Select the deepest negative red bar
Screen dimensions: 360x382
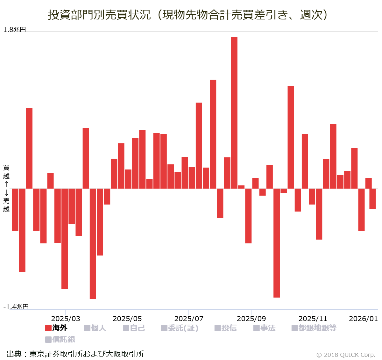pos(93,243)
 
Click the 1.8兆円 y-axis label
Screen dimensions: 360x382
pos(14,30)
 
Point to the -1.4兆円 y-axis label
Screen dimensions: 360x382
pos(16,307)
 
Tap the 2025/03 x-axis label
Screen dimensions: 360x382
pos(66,319)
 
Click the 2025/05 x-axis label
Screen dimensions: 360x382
pos(127,319)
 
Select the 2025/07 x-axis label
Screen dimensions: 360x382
pos(189,319)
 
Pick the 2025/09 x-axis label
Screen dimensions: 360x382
pos(251,319)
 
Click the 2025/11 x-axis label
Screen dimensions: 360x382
pos(313,319)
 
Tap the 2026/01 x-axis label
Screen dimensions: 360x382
pos(363,319)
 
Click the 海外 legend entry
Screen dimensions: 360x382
pos(56,328)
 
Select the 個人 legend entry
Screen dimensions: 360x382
pos(95,328)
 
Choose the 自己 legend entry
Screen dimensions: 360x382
pos(134,328)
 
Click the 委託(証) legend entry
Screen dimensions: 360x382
pos(180,328)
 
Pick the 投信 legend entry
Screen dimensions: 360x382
pos(226,328)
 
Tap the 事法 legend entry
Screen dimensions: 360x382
pos(265,328)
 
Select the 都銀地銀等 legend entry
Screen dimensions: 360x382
pos(314,328)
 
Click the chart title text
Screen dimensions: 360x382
pos(188,15)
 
